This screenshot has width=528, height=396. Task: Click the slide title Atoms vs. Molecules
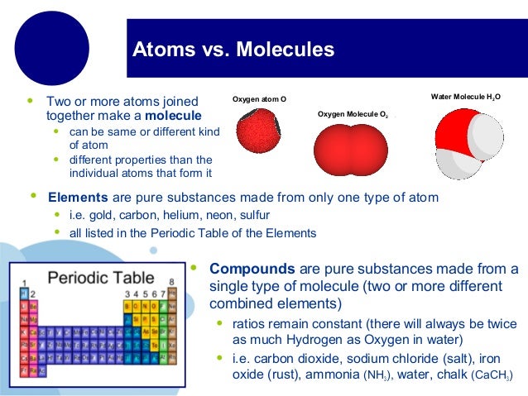click(x=233, y=50)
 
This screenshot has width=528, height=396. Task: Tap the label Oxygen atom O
click(x=259, y=99)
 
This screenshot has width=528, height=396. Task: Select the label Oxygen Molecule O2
click(x=353, y=114)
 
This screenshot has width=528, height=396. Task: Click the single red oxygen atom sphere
click(x=259, y=136)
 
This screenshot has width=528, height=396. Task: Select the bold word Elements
click(x=78, y=198)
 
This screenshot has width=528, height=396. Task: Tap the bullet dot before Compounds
click(x=193, y=268)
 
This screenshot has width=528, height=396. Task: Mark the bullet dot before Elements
click(x=33, y=197)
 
